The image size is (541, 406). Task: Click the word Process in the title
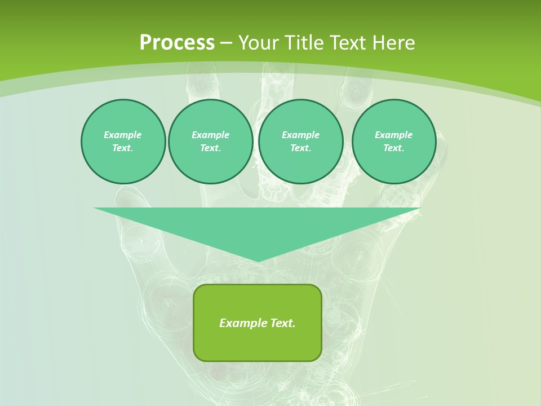coord(177,43)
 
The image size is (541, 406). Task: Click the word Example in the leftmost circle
coord(123,135)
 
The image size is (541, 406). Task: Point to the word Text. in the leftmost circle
coord(123,148)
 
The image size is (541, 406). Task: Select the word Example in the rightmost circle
coord(393,135)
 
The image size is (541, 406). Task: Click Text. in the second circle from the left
coord(210,148)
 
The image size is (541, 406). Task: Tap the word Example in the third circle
coord(300,135)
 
